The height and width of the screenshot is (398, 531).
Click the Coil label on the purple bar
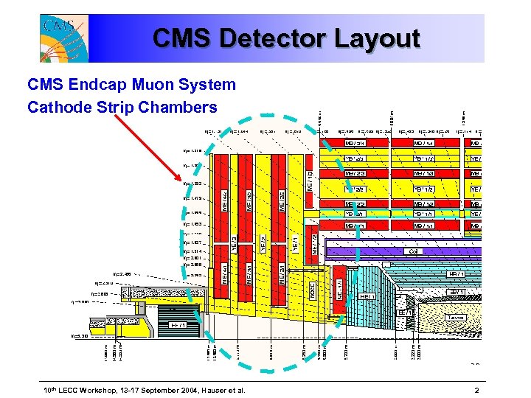[413, 251]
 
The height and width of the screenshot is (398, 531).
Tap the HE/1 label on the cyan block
[365, 296]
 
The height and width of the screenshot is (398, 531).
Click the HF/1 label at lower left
[177, 324]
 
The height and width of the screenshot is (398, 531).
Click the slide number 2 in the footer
[477, 389]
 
